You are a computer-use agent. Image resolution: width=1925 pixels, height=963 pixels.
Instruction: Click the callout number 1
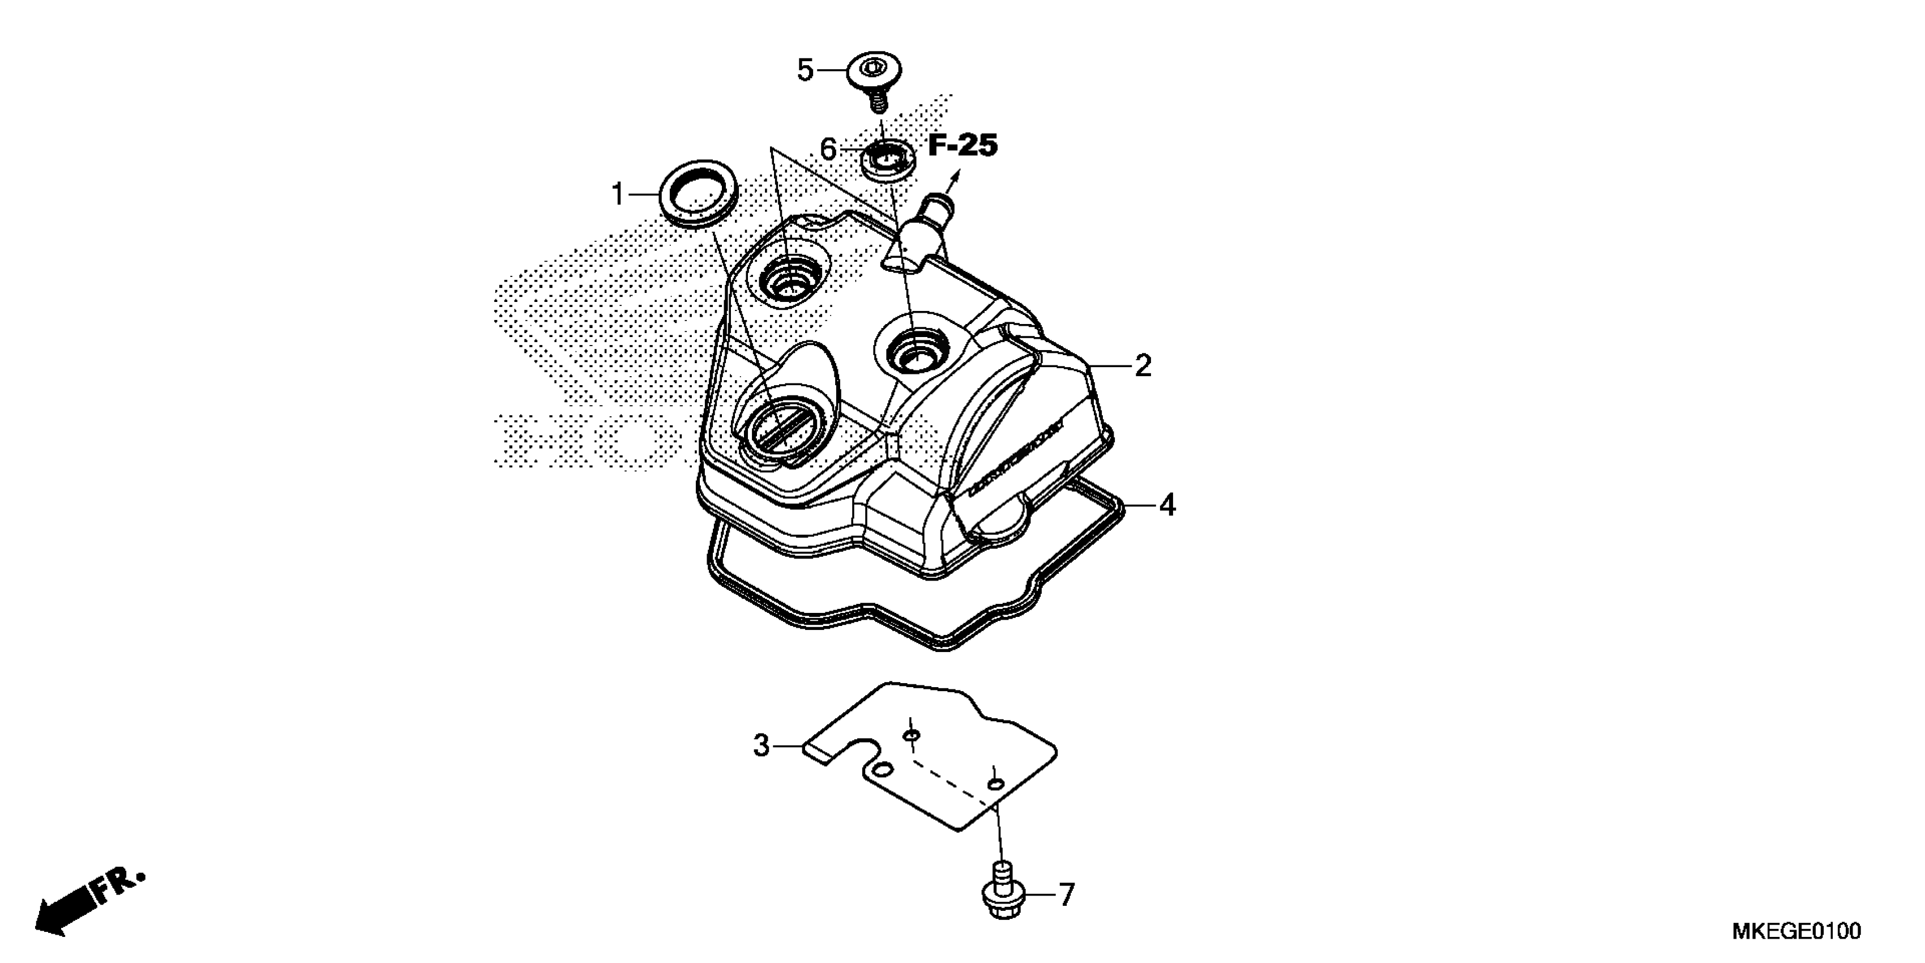pyautogui.click(x=617, y=195)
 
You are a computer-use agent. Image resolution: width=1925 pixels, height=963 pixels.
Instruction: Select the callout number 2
pyautogui.click(x=1143, y=367)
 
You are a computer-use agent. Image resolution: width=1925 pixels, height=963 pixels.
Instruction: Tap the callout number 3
pyautogui.click(x=761, y=746)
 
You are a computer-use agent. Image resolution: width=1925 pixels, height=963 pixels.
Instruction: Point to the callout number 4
pyautogui.click(x=1167, y=506)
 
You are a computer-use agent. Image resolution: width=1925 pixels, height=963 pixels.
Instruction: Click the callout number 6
pyautogui.click(x=828, y=149)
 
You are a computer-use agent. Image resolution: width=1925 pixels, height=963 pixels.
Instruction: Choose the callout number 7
pyautogui.click(x=1066, y=895)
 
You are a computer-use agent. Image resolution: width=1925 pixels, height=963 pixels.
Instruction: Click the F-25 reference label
pyautogui.click(x=962, y=146)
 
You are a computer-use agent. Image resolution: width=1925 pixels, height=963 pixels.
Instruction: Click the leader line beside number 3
pyautogui.click(x=788, y=746)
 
